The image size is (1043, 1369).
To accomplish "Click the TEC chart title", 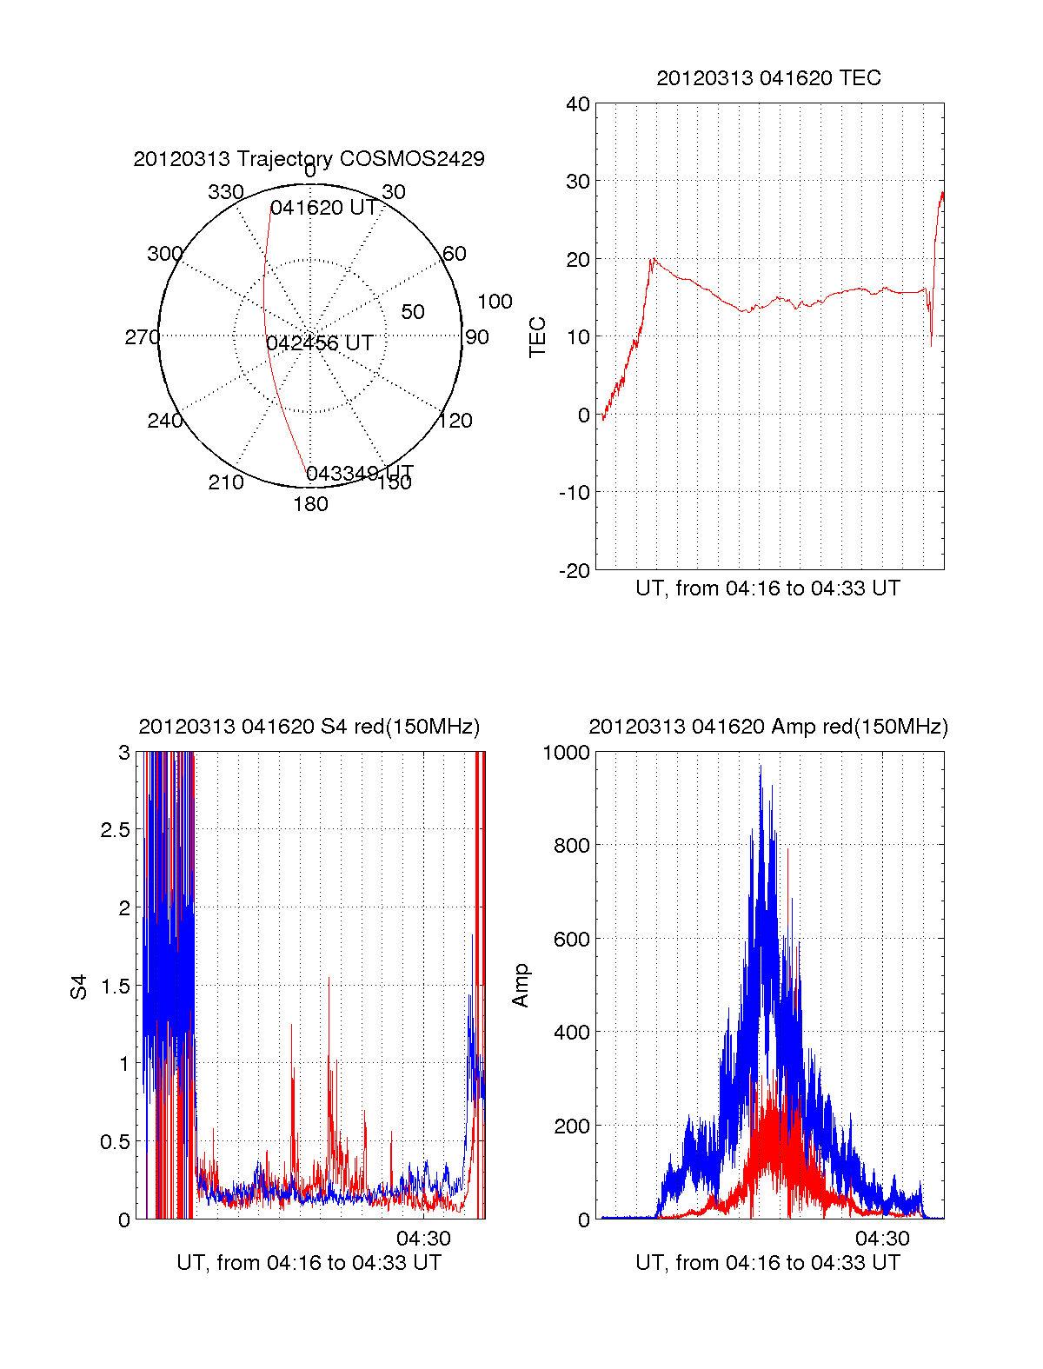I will (x=768, y=78).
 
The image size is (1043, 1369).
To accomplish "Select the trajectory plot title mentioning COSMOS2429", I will (x=309, y=159).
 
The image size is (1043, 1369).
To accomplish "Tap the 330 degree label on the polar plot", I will (x=225, y=192).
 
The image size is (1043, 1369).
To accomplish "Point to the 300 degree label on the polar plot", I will (x=164, y=254).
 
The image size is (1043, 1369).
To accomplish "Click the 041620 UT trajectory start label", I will (x=323, y=209).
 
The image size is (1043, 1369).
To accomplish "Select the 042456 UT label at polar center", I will (x=320, y=343).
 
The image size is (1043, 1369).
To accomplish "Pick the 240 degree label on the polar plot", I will (x=164, y=421).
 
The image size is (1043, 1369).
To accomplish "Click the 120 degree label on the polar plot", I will (x=455, y=421).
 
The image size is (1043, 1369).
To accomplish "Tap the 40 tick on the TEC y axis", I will (x=578, y=104).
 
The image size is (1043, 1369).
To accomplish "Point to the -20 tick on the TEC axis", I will (x=575, y=571).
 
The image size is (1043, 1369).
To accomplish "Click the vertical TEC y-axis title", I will (x=538, y=337).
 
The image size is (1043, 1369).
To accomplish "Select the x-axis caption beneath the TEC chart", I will (x=767, y=588).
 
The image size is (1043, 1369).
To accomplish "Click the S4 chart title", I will (x=309, y=727).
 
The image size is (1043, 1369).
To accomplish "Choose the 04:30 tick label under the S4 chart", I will (x=423, y=1239).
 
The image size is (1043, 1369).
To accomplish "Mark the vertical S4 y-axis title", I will (x=79, y=987).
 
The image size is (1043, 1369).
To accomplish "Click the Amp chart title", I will (x=767, y=727).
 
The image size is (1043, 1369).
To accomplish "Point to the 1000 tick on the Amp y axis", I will (x=566, y=753).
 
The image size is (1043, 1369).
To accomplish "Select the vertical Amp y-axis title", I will (x=521, y=986).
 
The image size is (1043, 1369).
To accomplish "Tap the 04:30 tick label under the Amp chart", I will (x=882, y=1239).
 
